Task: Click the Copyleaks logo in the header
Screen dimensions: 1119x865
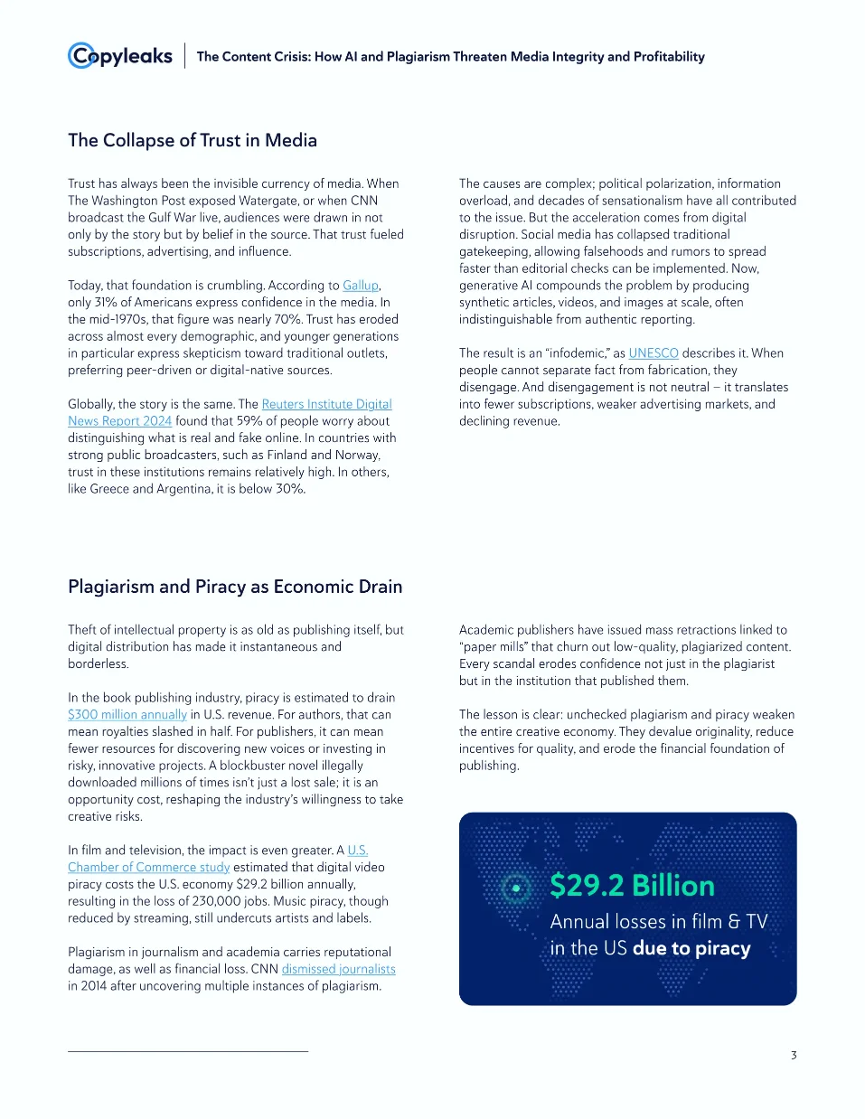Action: (x=120, y=56)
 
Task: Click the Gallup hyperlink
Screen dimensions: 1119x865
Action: (x=361, y=285)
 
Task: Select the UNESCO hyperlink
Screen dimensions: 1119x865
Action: (x=653, y=353)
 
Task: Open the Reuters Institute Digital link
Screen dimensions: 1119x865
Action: (x=326, y=404)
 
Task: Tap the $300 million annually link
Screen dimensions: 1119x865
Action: (x=127, y=714)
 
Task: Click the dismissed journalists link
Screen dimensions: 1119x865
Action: (x=338, y=969)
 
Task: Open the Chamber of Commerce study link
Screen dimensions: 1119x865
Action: (x=149, y=867)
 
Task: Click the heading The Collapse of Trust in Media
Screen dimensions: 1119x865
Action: (x=193, y=140)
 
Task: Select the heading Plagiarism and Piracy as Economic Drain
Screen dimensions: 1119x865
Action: (x=235, y=587)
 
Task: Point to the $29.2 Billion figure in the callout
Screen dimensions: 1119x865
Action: (x=632, y=886)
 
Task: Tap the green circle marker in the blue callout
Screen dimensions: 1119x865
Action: (x=516, y=888)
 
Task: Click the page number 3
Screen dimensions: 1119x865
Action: (x=794, y=1055)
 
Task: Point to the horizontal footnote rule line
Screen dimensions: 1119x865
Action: (x=188, y=1051)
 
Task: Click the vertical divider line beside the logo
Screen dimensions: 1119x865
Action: (x=185, y=56)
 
